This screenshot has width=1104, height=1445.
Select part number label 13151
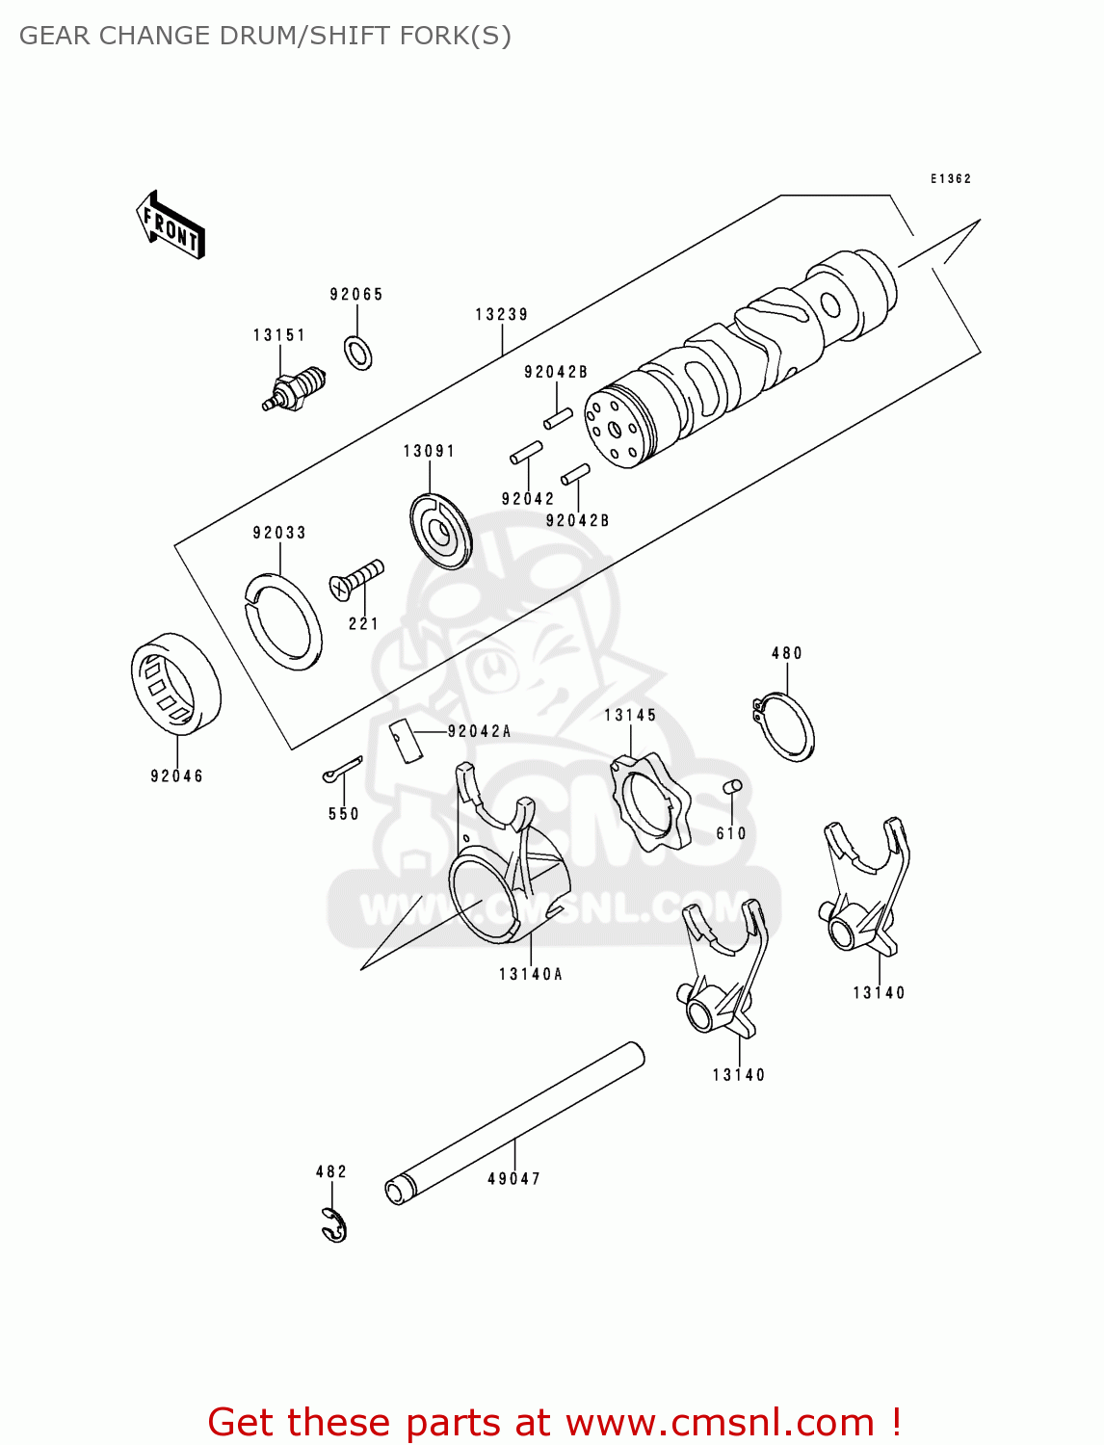(279, 335)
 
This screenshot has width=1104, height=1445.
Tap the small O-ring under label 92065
(358, 354)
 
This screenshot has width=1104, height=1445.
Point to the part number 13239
(502, 314)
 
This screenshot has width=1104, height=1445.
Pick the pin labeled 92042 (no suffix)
(526, 453)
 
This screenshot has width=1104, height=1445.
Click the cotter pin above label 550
(342, 769)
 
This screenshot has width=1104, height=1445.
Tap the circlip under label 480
(784, 727)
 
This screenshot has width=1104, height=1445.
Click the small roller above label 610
(732, 787)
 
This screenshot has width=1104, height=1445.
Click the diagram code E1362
(950, 179)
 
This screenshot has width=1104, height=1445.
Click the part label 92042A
(479, 732)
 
